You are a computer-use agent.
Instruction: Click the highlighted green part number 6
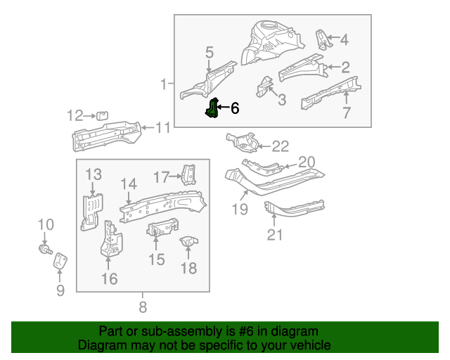[211, 109]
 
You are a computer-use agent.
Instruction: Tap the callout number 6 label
[234, 108]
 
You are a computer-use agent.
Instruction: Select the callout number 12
[75, 115]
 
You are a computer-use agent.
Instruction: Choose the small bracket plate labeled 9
[60, 260]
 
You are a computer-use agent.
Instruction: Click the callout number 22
[280, 146]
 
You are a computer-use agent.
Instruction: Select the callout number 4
[344, 40]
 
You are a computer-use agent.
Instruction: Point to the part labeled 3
[265, 86]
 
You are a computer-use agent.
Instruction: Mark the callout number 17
[162, 176]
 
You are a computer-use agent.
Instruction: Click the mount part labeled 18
[188, 244]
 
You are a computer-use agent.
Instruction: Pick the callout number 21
[274, 234]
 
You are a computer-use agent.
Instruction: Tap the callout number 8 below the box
[143, 307]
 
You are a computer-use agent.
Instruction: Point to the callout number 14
[128, 184]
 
